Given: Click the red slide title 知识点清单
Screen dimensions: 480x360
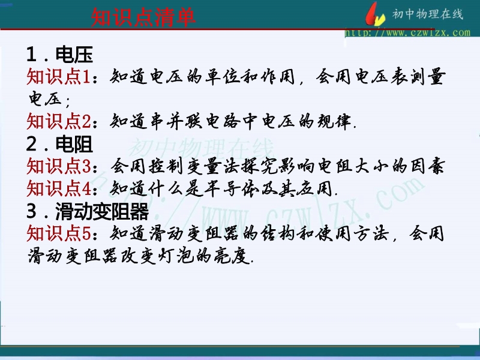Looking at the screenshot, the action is [143, 18].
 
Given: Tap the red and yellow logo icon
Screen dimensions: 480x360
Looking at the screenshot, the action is [375, 14].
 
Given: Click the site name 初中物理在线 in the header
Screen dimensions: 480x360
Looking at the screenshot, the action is [428, 14].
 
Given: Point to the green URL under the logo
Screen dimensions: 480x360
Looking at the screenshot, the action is [407, 32].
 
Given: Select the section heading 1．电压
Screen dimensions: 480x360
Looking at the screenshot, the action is [59, 55].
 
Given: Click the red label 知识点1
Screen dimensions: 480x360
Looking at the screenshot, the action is [58, 76].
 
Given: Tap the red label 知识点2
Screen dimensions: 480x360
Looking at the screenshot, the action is [58, 121].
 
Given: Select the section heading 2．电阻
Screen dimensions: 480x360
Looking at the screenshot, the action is [59, 144].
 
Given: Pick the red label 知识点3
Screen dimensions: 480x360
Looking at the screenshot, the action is [58, 166].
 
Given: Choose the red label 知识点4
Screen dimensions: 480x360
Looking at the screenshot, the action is [58, 188].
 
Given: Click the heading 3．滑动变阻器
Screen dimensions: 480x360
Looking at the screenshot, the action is [88, 211].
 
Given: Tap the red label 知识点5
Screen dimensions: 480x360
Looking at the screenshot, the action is [58, 233].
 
